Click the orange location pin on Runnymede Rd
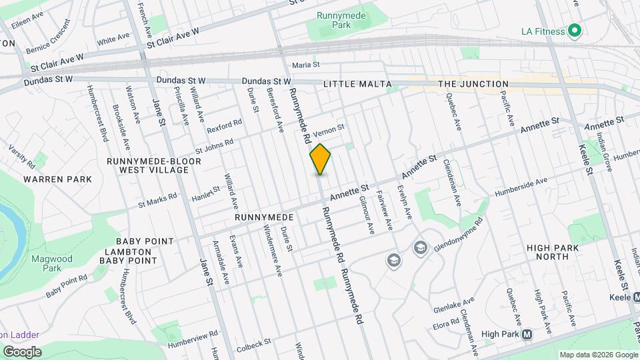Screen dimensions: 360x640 321,159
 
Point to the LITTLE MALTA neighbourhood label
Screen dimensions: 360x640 355,85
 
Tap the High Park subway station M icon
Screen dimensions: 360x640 527,334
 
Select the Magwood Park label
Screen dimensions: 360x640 47,263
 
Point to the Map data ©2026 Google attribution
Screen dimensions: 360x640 597,355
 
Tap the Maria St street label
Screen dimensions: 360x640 306,65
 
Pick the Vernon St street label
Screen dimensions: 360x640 328,127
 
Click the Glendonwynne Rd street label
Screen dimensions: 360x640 458,234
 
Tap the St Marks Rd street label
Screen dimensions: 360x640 157,201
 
